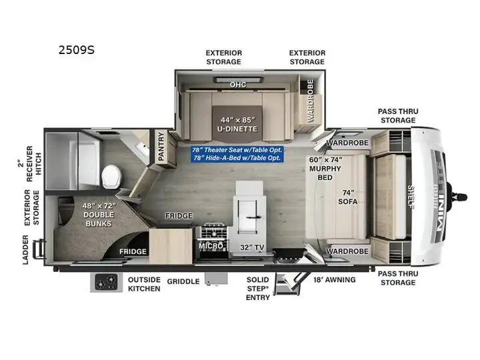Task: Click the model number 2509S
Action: point(77,50)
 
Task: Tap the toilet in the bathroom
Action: point(111,177)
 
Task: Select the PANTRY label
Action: point(161,146)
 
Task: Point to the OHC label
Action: point(238,85)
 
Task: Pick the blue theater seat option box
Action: point(237,154)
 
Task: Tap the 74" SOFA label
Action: point(348,197)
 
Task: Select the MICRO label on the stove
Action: point(211,246)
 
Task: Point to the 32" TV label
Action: point(252,247)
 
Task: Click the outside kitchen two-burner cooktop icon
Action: point(106,282)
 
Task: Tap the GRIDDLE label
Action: point(183,281)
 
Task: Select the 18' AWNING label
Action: point(334,279)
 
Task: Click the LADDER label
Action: point(25,249)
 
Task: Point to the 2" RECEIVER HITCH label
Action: point(29,163)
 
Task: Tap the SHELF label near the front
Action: point(411,197)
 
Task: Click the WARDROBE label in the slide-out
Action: point(311,101)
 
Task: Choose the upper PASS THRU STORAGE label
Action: point(398,116)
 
